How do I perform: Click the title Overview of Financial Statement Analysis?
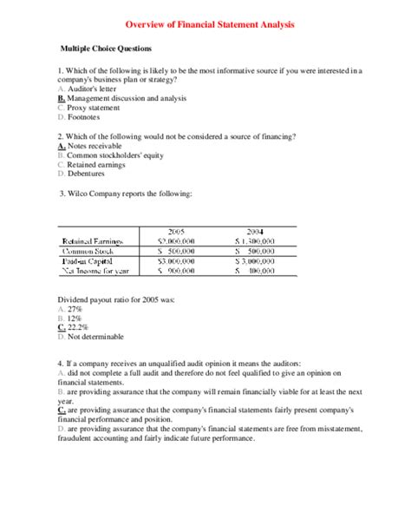[205, 26]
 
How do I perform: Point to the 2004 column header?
[255, 231]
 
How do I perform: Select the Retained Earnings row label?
[94, 241]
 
